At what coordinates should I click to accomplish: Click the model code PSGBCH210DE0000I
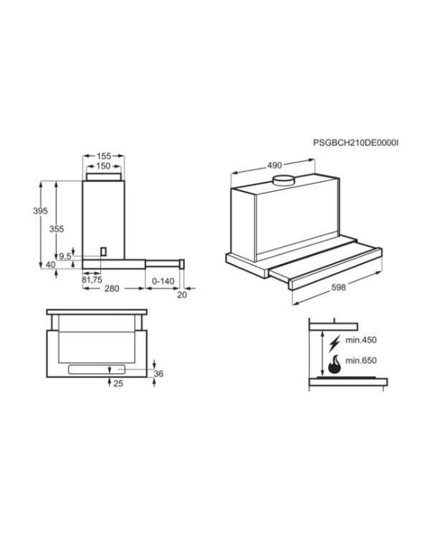355,142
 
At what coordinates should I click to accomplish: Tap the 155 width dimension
103,156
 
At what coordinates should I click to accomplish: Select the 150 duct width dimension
103,166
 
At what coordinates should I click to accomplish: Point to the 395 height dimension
40,211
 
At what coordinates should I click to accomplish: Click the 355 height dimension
57,229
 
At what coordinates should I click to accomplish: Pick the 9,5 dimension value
65,256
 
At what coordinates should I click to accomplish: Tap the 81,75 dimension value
92,280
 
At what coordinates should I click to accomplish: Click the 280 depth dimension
112,289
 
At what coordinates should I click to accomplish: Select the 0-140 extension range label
163,281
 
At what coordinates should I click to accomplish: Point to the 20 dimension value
182,295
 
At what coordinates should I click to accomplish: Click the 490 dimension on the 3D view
274,165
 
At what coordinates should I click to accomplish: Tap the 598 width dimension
338,288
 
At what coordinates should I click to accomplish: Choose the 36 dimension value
159,374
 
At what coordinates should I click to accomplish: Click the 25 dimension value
118,384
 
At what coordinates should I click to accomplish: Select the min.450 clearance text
360,340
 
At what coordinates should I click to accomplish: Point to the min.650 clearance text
360,360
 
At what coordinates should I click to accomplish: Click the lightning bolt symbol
335,344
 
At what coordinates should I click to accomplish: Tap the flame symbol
335,364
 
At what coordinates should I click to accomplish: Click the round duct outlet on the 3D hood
284,180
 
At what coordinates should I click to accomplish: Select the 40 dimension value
50,265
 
